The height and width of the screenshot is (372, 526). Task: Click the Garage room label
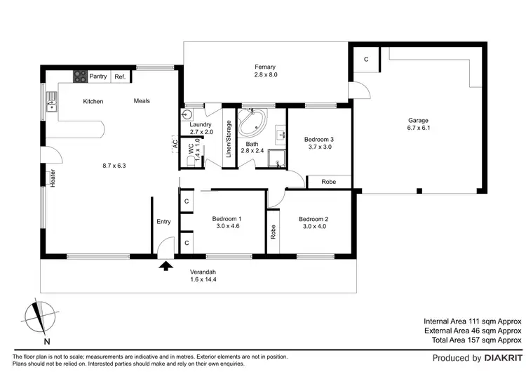pos(417,120)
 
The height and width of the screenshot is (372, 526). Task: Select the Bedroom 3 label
pos(318,140)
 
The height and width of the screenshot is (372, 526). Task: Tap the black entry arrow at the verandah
pos(166,265)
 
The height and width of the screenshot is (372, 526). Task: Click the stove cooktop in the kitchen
pos(79,77)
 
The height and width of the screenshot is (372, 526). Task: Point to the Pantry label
pos(98,77)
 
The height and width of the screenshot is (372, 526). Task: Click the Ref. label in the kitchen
pos(120,77)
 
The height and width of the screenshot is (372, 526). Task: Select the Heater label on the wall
pos(53,178)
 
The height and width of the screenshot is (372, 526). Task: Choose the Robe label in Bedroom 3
pos(328,182)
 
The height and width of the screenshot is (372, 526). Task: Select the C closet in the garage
pos(366,60)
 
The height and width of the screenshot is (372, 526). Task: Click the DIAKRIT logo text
pos(501,358)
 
